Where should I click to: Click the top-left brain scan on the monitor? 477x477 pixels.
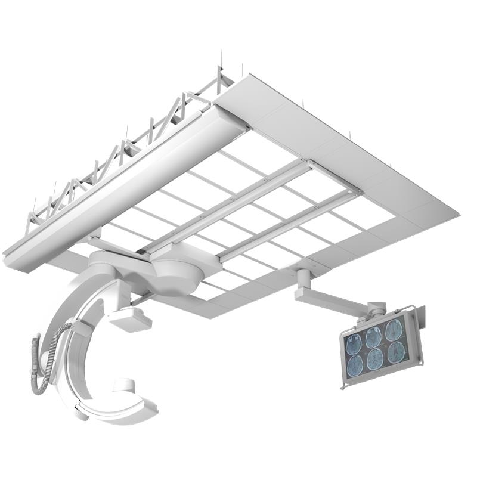pos(355,343)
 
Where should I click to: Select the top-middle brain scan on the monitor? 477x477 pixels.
pos(374,337)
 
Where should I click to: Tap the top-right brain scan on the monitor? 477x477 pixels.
pos(394,330)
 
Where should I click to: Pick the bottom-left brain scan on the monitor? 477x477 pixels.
pos(356,365)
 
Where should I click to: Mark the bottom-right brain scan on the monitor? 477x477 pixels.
pos(396,352)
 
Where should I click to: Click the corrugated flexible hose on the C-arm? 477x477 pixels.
pos(42,364)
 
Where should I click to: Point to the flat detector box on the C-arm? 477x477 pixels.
pos(130,320)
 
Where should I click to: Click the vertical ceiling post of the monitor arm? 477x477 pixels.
pos(303,280)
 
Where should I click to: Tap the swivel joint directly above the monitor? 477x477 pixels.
pos(376,309)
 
